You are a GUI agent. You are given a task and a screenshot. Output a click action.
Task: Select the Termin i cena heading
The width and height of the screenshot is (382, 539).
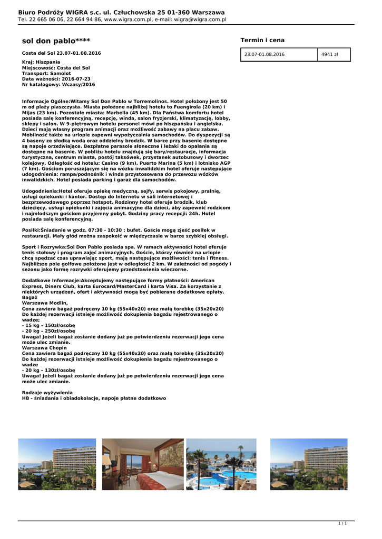coord(262,40)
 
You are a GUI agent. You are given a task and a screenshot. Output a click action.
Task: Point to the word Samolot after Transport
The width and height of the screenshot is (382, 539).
coord(60,73)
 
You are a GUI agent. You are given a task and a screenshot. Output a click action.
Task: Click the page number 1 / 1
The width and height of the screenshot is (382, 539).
coord(342,523)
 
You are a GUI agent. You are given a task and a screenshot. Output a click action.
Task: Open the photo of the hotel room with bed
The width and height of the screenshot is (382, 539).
coord(143,464)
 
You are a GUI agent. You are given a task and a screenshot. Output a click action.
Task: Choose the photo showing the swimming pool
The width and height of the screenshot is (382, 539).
coord(221,464)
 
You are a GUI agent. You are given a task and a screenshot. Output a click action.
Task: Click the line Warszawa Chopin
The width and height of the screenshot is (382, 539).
coord(44,347)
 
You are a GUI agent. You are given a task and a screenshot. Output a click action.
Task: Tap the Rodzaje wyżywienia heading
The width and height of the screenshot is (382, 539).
coord(47,393)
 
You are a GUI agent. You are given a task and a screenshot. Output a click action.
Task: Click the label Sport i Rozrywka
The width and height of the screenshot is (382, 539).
coord(44,247)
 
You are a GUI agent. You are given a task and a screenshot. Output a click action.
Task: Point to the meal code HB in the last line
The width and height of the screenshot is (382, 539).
coord(25,398)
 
